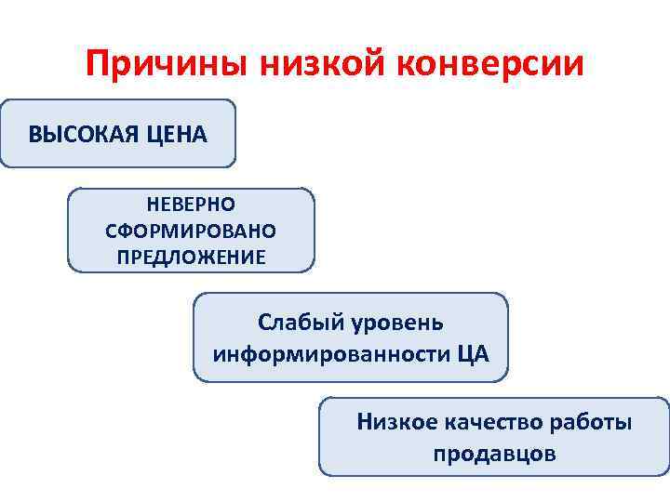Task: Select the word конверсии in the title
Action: (x=492, y=65)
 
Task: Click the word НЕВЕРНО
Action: (x=191, y=204)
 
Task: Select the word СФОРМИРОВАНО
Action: (x=191, y=230)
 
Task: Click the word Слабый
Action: (x=301, y=323)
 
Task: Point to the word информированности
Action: (x=330, y=354)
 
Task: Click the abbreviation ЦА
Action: (x=470, y=354)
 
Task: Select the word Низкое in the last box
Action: (x=398, y=422)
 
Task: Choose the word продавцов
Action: (x=494, y=454)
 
